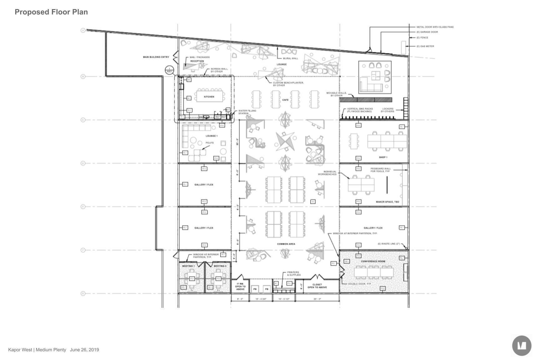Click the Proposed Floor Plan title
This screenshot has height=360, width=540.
click(x=51, y=12)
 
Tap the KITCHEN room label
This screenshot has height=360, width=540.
click(x=209, y=97)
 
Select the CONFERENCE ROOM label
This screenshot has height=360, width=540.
click(x=373, y=261)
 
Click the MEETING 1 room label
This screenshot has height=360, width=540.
click(x=188, y=266)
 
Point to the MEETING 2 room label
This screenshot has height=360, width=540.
click(x=220, y=266)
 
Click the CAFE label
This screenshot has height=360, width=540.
click(x=285, y=100)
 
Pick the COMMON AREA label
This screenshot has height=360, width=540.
click(x=286, y=244)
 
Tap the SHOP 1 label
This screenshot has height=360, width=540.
click(x=383, y=157)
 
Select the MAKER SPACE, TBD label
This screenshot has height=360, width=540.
click(x=387, y=202)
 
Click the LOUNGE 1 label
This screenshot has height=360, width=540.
click(x=212, y=136)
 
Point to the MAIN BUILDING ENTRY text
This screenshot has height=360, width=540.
click(x=156, y=57)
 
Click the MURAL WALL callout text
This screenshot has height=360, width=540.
click(x=290, y=58)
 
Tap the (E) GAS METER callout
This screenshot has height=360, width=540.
click(x=425, y=46)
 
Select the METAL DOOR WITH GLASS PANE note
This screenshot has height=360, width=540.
click(x=435, y=27)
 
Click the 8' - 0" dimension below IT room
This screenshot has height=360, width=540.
click(x=240, y=299)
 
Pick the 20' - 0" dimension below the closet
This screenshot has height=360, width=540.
click(x=317, y=299)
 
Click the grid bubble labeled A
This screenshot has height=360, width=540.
click(x=83, y=30)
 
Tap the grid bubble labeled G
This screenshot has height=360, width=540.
click(x=83, y=293)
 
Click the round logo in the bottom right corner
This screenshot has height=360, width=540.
click(x=522, y=346)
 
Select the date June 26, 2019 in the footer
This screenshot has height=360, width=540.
click(x=84, y=350)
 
